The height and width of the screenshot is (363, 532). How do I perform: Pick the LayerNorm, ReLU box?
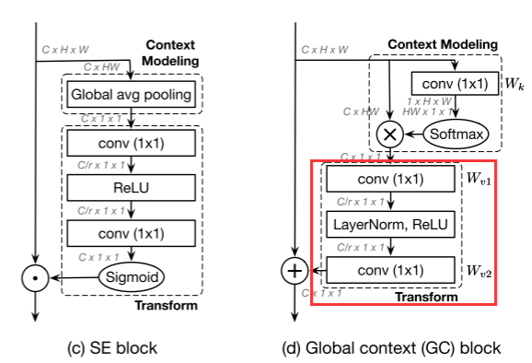(391, 224)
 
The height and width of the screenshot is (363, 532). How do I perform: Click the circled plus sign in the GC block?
(294, 272)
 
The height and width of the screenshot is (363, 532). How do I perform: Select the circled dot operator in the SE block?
(34, 275)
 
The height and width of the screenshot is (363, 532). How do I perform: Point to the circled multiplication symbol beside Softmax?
(390, 134)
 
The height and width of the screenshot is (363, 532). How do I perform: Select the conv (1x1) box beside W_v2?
(391, 271)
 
